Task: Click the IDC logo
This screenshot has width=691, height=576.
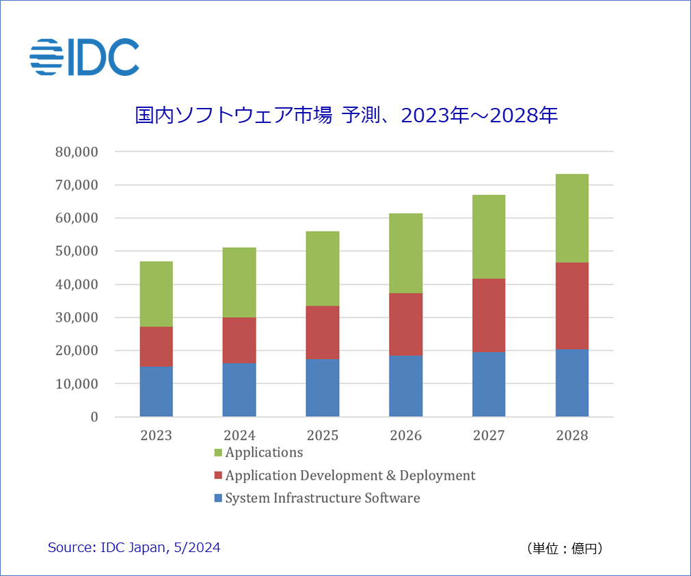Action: coord(85,57)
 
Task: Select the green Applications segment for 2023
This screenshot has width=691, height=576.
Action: coord(157,294)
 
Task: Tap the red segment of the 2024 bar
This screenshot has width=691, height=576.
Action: coord(239,340)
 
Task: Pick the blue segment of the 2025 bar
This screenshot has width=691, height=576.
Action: coord(323,387)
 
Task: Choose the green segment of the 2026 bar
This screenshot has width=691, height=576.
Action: coord(406,253)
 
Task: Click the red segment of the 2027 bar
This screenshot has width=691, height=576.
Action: coord(489,315)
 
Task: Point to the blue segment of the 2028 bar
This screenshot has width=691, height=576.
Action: coord(572,383)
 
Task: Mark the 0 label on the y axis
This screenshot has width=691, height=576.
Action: coord(94,417)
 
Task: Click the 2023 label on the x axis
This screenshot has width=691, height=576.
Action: coord(157,435)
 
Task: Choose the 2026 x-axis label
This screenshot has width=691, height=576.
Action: coord(406,435)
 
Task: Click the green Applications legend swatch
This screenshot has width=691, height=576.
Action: coord(218,453)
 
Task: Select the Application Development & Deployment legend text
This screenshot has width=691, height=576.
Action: coord(350,476)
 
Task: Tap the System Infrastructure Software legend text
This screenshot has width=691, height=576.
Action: coord(323,498)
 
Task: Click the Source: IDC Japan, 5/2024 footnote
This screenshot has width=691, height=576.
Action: coord(134,547)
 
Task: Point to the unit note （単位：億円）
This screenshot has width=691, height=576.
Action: coord(565,548)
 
